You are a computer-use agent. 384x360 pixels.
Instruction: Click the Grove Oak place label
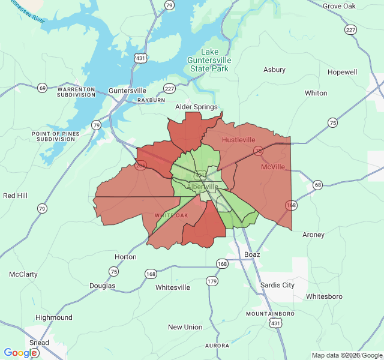click(340, 6)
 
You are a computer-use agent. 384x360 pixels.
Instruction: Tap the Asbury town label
click(274, 70)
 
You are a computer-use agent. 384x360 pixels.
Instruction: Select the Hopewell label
click(342, 72)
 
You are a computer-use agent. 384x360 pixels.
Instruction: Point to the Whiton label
click(316, 93)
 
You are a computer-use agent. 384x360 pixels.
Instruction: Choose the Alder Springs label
click(196, 107)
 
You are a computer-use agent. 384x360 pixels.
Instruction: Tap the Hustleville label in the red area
click(239, 140)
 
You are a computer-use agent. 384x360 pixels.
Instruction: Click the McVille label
click(273, 167)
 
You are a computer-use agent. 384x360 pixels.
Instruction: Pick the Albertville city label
click(203, 187)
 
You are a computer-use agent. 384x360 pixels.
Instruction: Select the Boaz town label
click(252, 254)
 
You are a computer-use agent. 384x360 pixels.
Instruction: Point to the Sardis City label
click(277, 285)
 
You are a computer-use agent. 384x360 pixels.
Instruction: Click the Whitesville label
click(173, 287)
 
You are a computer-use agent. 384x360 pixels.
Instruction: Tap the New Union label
click(185, 327)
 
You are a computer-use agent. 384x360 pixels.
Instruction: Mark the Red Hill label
click(16, 196)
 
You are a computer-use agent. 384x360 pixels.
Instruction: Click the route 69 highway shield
click(42, 88)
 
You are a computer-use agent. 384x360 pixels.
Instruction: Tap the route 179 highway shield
click(212, 281)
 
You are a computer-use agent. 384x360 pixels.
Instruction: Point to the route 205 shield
click(141, 166)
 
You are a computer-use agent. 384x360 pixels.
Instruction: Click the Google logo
click(20, 353)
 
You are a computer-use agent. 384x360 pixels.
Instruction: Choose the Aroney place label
click(313, 235)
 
